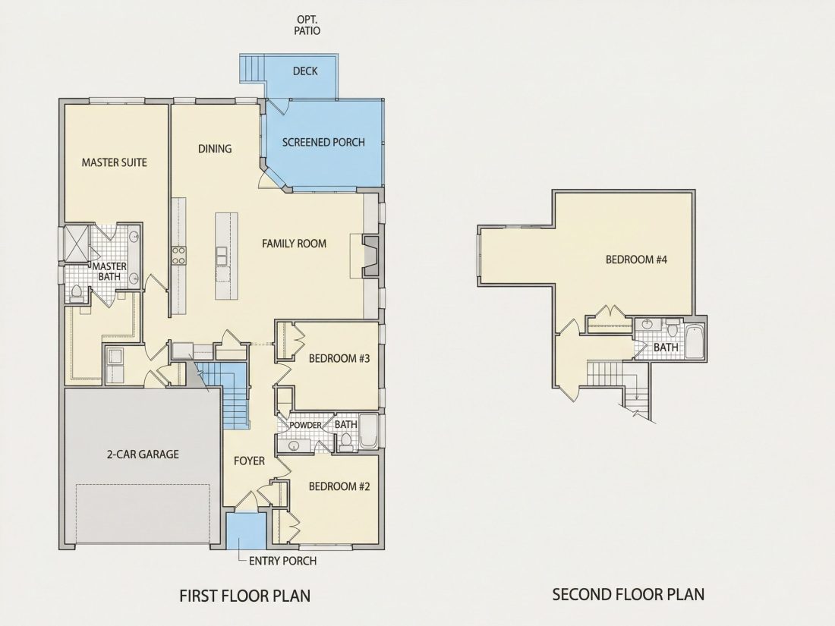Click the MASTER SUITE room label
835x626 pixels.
point(114,162)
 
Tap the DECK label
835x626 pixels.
point(305,71)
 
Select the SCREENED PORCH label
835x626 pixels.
point(323,142)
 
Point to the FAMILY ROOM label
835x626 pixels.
point(294,244)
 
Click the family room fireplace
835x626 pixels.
point(370,256)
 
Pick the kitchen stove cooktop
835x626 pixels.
point(178,255)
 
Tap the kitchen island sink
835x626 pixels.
point(221,256)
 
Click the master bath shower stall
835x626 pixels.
point(76,244)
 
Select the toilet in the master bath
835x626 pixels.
point(76,293)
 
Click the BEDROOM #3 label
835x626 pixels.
point(339,358)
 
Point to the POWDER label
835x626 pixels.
point(306,425)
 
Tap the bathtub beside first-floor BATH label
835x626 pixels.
point(368,432)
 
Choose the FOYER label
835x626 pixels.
point(249,461)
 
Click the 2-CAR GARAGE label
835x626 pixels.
point(143,454)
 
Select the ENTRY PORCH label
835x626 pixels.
point(283,561)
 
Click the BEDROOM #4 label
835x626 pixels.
point(636,260)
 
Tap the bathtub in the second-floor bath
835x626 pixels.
point(695,341)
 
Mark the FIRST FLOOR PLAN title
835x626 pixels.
point(245,595)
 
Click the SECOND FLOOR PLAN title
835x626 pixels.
point(629,594)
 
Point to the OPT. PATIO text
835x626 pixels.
point(307,26)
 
